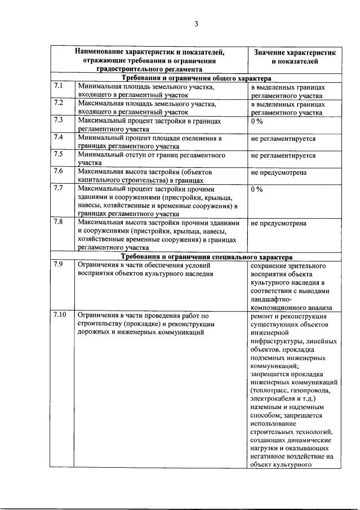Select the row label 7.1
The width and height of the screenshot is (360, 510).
click(59, 87)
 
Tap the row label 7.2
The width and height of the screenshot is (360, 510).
click(59, 103)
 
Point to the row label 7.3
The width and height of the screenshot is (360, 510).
click(59, 120)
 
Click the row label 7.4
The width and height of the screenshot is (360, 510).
click(59, 137)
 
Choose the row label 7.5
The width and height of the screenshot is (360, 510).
click(59, 154)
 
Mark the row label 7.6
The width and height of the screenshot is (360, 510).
click(59, 171)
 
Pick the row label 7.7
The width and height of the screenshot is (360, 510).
click(59, 188)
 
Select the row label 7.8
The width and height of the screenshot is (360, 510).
click(59, 221)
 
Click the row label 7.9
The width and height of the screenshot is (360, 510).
click(59, 263)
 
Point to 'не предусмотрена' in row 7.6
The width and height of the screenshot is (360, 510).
click(279, 172)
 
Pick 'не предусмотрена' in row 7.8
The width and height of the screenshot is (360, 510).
click(279, 223)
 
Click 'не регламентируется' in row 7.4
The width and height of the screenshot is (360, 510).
click(283, 138)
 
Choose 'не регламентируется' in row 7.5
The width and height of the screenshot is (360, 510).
click(283, 155)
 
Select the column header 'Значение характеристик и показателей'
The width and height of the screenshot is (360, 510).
click(294, 56)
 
